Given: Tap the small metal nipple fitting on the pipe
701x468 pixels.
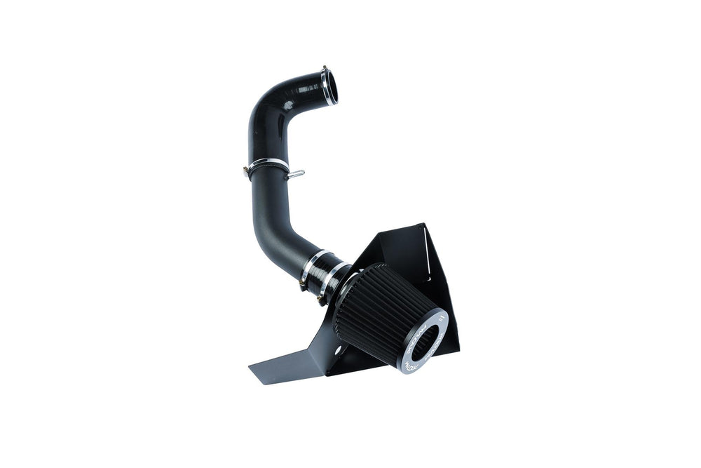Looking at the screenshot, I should (298, 173).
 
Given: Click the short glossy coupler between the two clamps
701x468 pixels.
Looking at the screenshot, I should (326, 269).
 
